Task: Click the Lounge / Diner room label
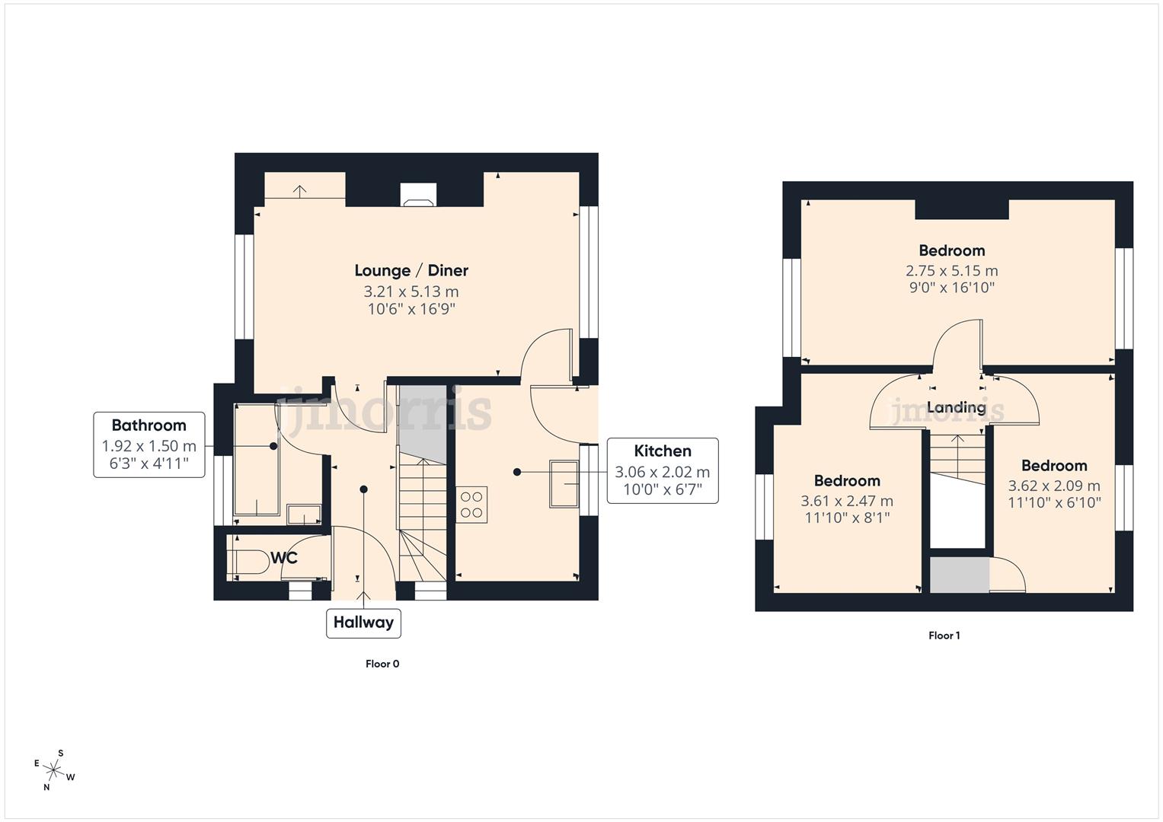(411, 270)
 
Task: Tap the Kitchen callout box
(662, 470)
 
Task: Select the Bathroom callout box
(149, 444)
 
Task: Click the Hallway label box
(363, 623)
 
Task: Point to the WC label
(284, 558)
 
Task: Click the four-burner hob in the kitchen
(471, 505)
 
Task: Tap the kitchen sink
(564, 483)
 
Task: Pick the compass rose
(55, 770)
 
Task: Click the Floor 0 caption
(382, 664)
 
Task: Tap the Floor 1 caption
(944, 636)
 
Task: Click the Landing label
(956, 407)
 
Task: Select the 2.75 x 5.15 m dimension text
(951, 271)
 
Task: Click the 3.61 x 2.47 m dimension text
(847, 501)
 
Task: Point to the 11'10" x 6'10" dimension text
(1054, 502)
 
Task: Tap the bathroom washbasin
(304, 514)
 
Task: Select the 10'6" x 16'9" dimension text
(411, 309)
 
